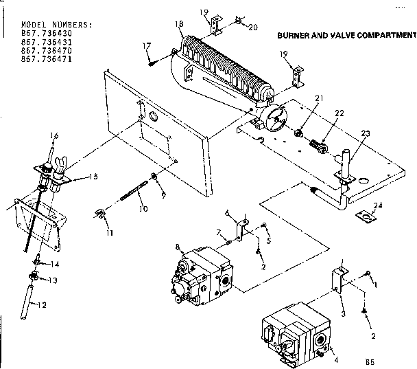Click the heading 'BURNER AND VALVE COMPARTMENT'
tap(346, 34)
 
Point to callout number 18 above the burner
tap(180, 24)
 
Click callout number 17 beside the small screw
tap(146, 46)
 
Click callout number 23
tap(364, 133)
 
